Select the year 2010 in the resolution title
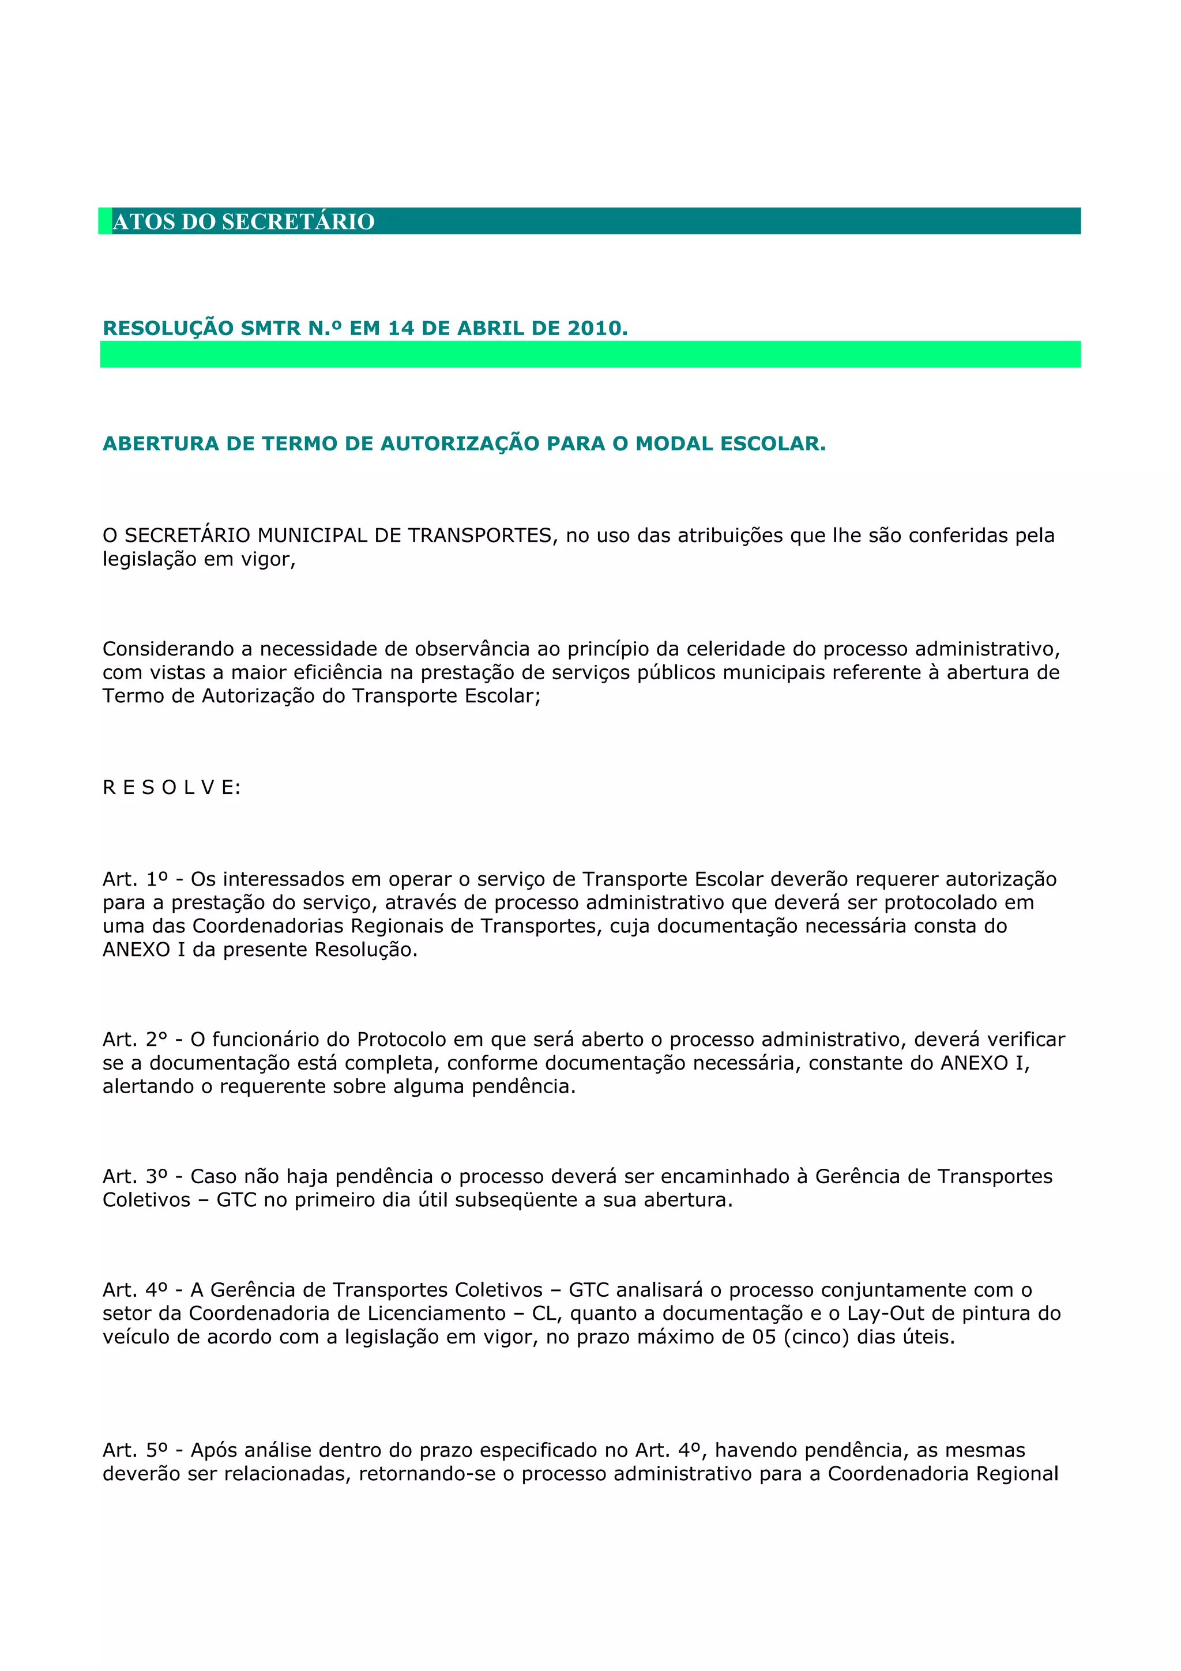[x=595, y=328]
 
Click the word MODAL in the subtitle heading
[x=674, y=443]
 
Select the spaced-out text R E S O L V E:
[x=172, y=788]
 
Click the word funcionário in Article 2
[x=281, y=1039]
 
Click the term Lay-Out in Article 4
[x=882, y=1313]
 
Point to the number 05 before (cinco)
[x=764, y=1337]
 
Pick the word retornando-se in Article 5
[x=426, y=1474]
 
